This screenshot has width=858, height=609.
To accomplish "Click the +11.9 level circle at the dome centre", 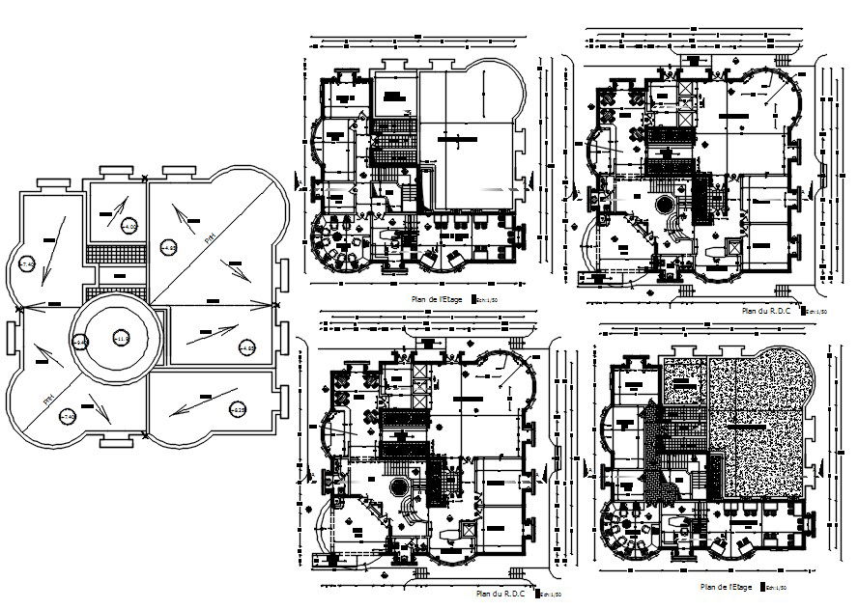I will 121,338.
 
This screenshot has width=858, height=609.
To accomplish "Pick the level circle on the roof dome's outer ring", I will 81,341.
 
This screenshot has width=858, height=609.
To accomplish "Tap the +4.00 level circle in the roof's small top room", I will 129,227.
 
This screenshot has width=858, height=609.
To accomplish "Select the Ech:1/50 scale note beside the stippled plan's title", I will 776,587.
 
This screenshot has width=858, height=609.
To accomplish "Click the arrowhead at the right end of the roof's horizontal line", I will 273,305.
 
